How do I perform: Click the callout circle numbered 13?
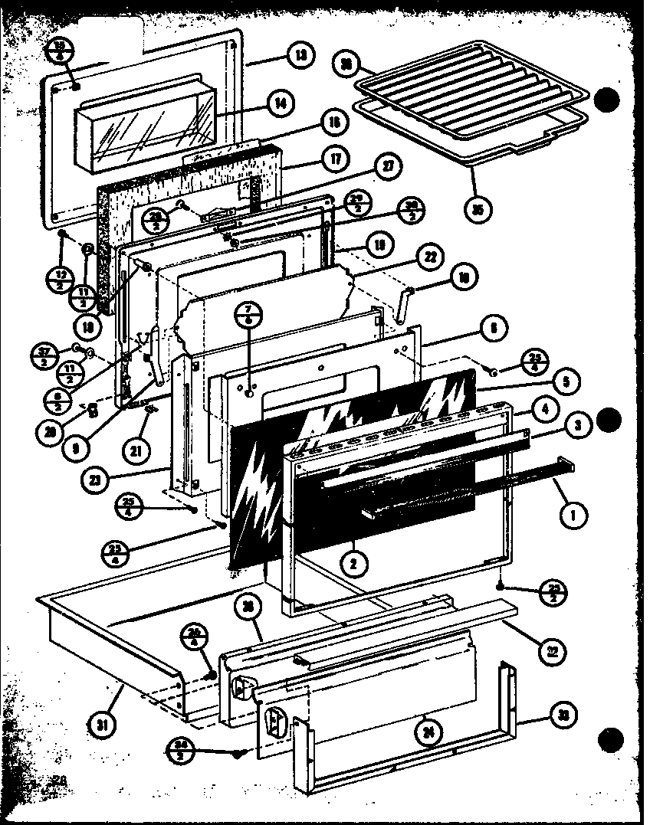click(300, 56)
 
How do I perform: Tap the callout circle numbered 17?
click(335, 159)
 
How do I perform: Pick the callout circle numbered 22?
click(430, 257)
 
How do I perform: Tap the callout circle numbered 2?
click(354, 565)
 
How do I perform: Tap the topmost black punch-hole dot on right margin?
click(607, 100)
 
